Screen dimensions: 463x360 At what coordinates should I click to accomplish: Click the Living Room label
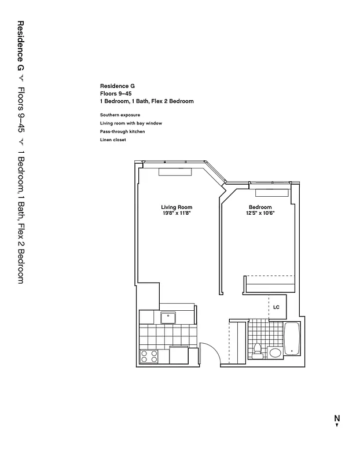(x=177, y=207)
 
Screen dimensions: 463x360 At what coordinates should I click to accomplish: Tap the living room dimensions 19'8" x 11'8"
(x=177, y=213)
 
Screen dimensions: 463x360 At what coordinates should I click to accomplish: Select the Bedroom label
(x=260, y=207)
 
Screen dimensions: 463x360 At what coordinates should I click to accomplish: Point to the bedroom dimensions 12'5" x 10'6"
(x=260, y=213)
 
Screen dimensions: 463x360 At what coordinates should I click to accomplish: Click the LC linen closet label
(x=276, y=307)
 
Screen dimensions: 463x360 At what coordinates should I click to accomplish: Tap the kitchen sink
(x=168, y=317)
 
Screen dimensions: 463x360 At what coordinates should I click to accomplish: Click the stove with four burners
(x=149, y=357)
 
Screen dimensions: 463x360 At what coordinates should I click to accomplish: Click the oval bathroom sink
(x=274, y=352)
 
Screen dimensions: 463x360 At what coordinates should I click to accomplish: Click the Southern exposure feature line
(x=120, y=115)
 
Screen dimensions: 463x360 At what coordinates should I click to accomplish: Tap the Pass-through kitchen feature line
(x=122, y=131)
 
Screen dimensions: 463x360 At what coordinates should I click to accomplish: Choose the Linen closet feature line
(x=113, y=139)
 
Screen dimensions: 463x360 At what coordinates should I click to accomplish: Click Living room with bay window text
(x=131, y=123)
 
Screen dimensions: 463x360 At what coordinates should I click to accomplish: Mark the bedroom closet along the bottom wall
(x=271, y=284)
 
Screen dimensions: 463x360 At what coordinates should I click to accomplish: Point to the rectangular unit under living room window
(x=175, y=172)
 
